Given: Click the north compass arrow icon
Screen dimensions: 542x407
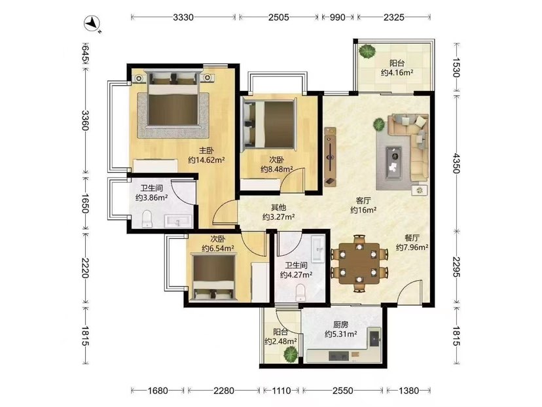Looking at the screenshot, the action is tap(92, 24).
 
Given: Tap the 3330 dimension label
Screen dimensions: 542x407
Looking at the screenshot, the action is tap(183, 17).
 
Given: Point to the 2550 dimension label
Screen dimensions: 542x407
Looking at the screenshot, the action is tap(343, 391).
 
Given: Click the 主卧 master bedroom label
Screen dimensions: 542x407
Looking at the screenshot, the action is tap(206, 150).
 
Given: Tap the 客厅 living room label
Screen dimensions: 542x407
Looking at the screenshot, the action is tap(363, 200).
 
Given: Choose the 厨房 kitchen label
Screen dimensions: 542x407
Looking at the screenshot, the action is tap(341, 325).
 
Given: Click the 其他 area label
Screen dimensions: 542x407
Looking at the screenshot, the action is tap(278, 207).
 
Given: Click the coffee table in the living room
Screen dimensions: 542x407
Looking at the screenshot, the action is tap(393, 162).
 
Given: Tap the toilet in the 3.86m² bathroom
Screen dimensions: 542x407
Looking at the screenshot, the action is tap(147, 219).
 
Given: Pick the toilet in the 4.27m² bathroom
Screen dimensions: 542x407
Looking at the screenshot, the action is tap(300, 292).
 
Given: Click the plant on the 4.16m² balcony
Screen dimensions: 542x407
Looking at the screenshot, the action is tap(367, 52).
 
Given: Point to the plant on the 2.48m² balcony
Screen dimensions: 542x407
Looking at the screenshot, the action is tap(291, 354).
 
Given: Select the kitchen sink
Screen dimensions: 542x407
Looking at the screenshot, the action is tap(374, 338).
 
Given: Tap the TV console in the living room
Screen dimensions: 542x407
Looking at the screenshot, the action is tap(331, 157).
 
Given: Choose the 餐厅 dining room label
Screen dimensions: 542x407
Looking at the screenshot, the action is tap(412, 238).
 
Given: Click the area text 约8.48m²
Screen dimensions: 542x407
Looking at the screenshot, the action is tap(277, 169).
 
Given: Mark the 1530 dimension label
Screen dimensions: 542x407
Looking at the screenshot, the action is tap(457, 67).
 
